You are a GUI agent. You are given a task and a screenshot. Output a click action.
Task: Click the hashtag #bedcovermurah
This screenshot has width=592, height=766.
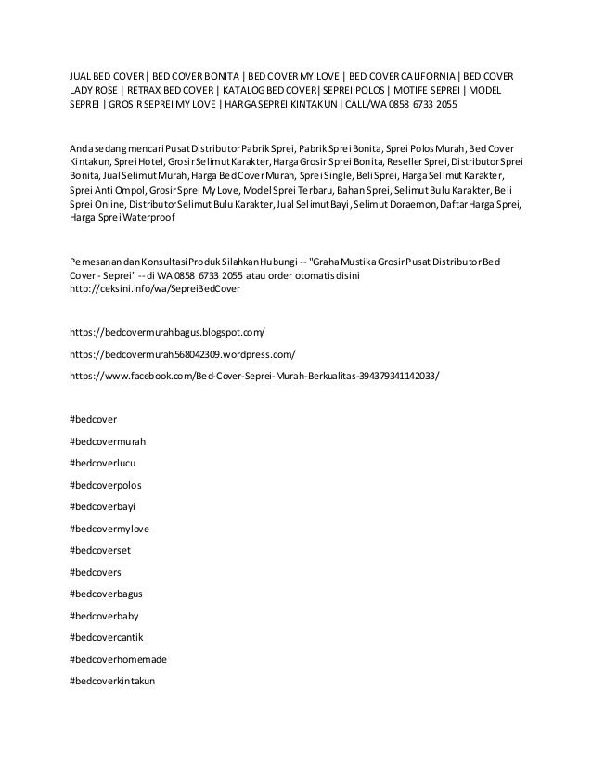(x=108, y=440)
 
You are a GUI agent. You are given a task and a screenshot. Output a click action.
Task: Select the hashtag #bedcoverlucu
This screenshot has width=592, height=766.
(x=103, y=462)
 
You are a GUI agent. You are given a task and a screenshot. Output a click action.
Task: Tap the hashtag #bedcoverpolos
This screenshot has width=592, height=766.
(x=106, y=484)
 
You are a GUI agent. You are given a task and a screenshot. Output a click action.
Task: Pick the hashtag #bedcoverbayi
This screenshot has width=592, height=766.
(x=103, y=506)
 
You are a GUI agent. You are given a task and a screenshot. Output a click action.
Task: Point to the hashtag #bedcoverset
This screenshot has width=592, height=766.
(x=101, y=550)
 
